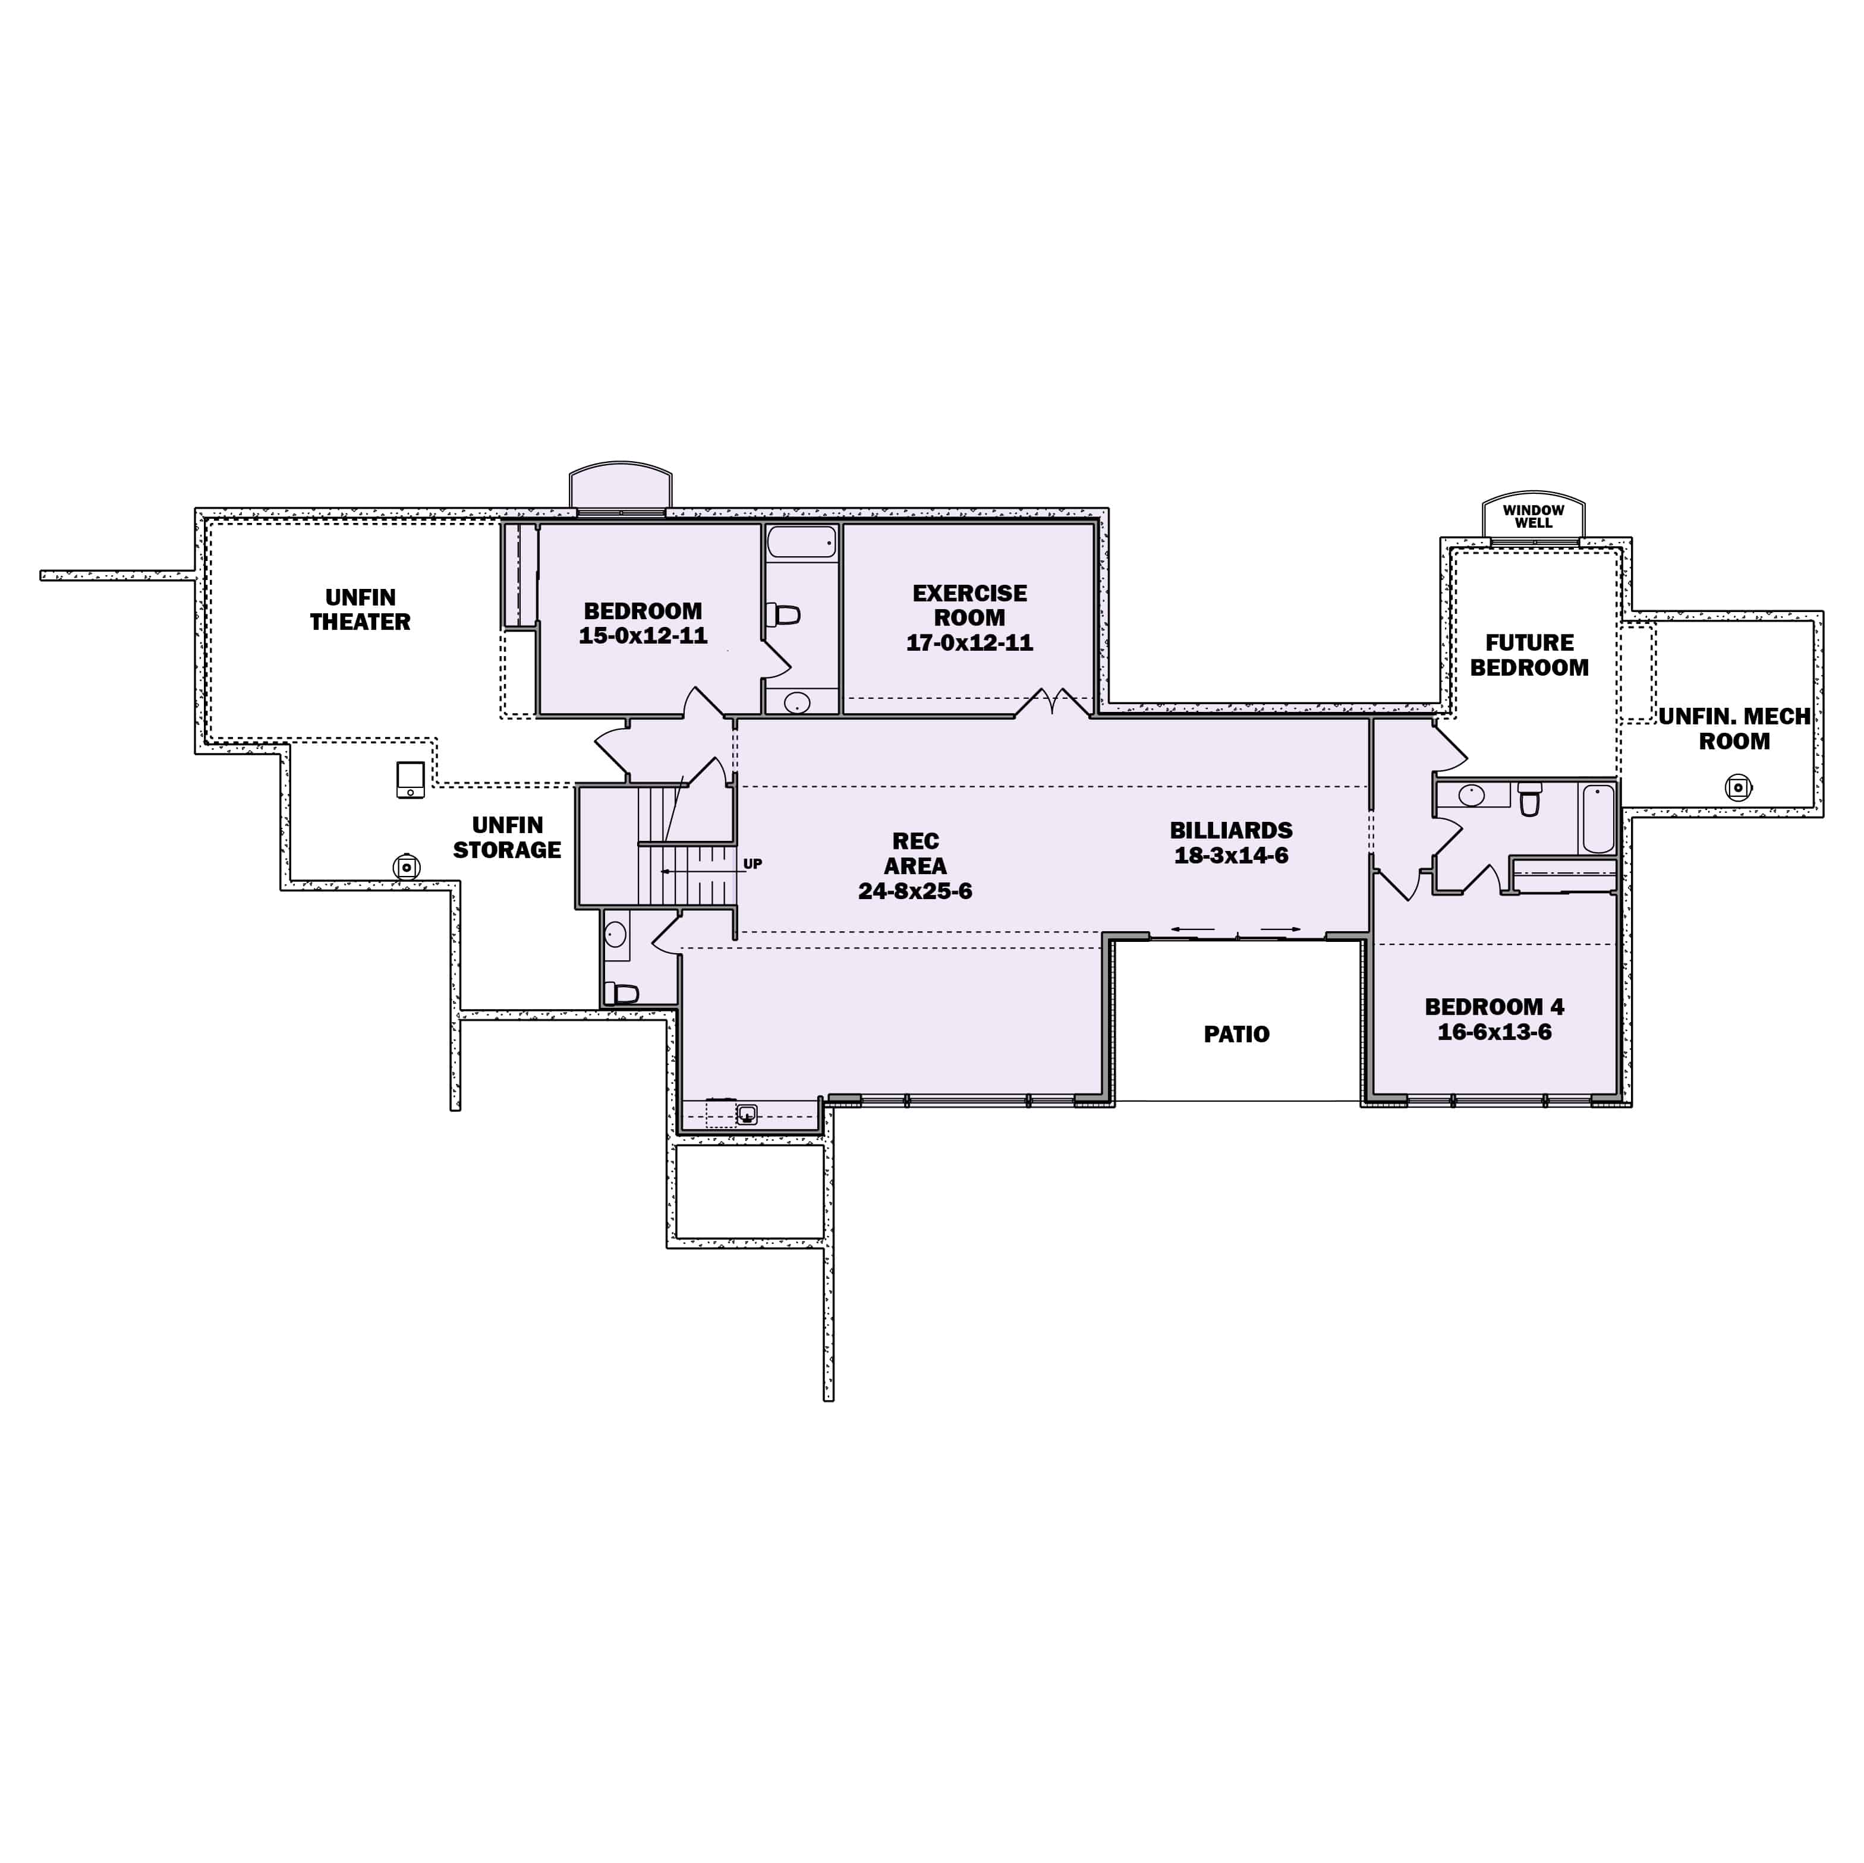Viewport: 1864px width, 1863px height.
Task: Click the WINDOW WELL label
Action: point(1533,516)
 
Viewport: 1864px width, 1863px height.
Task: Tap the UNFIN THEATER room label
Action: point(360,610)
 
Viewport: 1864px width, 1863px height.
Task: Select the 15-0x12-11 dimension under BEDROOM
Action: point(643,636)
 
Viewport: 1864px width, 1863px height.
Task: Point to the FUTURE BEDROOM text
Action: point(1529,655)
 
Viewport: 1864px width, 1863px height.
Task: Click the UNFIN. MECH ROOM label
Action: point(1734,729)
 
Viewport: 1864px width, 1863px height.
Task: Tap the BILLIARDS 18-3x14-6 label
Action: point(1231,842)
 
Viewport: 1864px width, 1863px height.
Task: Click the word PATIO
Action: point(1236,1034)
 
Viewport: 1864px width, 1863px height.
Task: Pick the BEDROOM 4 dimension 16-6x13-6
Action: point(1494,1032)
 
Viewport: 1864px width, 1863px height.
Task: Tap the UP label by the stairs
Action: point(752,863)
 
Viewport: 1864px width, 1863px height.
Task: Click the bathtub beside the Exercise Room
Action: point(802,542)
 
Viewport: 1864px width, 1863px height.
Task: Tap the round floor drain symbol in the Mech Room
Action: point(1737,787)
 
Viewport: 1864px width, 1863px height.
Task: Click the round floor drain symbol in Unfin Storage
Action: point(407,866)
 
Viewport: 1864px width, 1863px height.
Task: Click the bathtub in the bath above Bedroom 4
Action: point(1598,819)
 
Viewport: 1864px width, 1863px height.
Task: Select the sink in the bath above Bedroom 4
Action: point(1471,796)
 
